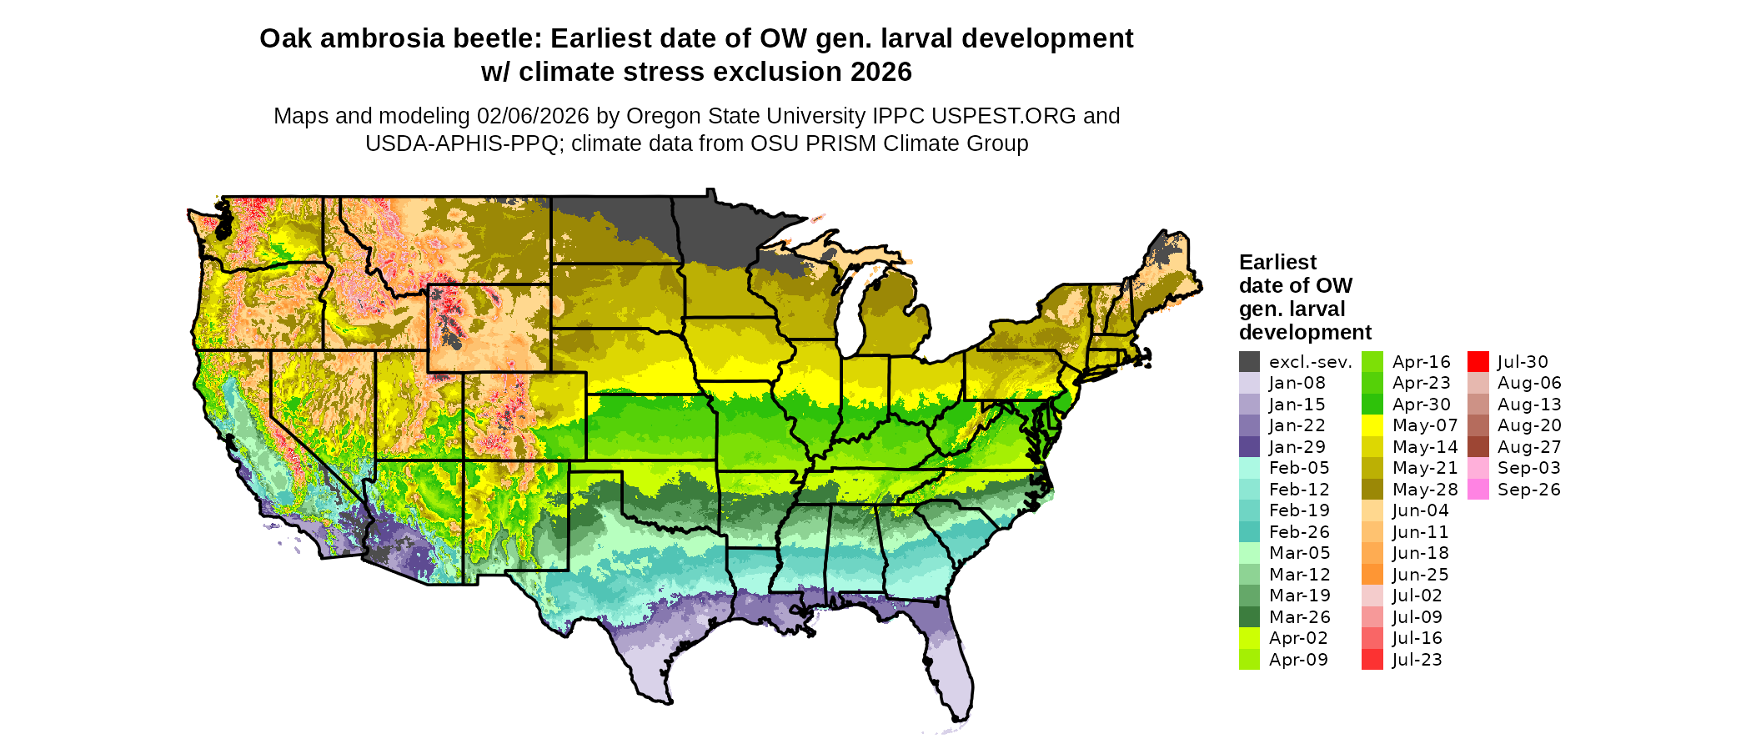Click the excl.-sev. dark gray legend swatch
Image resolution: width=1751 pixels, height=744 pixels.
[1249, 362]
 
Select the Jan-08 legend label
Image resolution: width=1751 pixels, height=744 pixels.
[1297, 384]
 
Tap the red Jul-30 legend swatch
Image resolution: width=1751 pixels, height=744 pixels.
[1478, 362]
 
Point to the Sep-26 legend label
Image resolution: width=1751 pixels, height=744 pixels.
[1528, 490]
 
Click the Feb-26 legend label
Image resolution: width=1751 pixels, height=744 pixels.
[1299, 532]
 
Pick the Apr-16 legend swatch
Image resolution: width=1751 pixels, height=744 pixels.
[1372, 362]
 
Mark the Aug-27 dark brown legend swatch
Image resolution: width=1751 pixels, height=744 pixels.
[1478, 447]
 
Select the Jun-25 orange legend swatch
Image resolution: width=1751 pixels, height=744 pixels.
[1372, 575]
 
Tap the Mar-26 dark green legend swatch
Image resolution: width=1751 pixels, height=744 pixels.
[1249, 617]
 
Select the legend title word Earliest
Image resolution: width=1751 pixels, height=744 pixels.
[1277, 263]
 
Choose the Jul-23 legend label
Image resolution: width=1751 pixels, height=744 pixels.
[1417, 660]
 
